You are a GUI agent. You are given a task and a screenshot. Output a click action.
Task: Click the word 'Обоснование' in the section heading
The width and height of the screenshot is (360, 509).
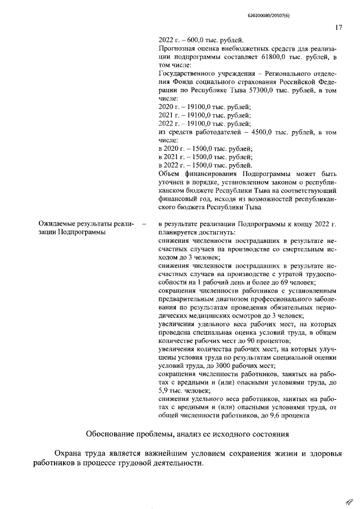[113, 435]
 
